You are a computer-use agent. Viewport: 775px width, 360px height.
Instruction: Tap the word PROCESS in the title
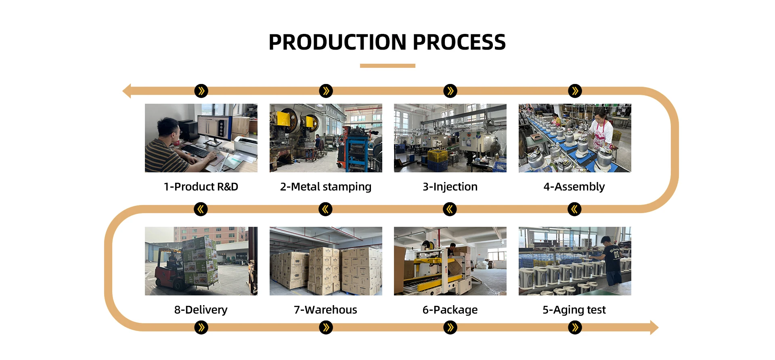(459, 42)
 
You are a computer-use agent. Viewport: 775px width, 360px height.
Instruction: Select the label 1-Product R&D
(201, 187)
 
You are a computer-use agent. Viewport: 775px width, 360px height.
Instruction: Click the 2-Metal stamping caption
(326, 187)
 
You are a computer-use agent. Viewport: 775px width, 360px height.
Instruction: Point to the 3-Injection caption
(450, 187)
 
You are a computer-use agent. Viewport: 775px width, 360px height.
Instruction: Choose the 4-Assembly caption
(574, 187)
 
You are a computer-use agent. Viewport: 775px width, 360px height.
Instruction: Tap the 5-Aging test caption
(574, 310)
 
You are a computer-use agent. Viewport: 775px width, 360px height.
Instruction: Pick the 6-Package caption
(450, 310)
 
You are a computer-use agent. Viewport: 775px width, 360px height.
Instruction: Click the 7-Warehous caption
(326, 310)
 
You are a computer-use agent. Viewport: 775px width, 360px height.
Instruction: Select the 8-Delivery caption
(201, 310)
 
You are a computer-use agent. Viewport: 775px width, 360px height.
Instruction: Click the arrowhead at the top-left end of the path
(127, 91)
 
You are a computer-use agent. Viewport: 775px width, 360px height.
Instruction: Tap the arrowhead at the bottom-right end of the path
(654, 327)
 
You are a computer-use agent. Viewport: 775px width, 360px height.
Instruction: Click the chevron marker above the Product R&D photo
(201, 91)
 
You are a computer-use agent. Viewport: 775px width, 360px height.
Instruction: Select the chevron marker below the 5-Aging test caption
(575, 327)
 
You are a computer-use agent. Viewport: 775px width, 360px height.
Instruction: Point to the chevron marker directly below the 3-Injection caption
(450, 209)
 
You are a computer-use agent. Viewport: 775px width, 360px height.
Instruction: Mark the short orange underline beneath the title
(387, 66)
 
